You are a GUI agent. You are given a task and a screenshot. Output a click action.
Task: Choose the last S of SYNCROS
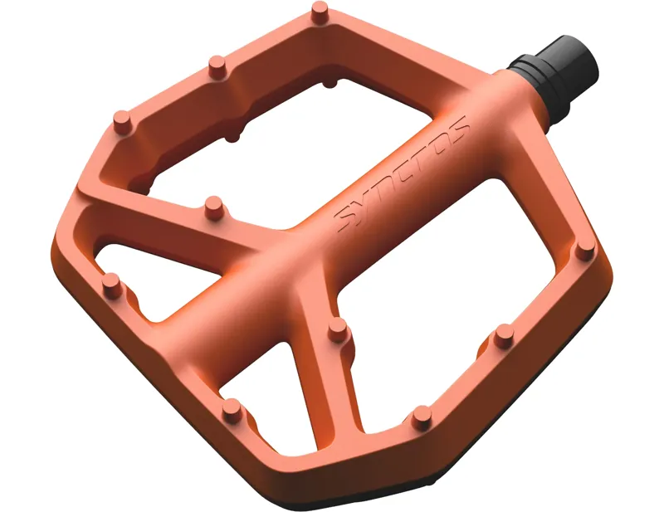point(456,128)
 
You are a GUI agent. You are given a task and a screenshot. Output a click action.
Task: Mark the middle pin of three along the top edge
point(217,64)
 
